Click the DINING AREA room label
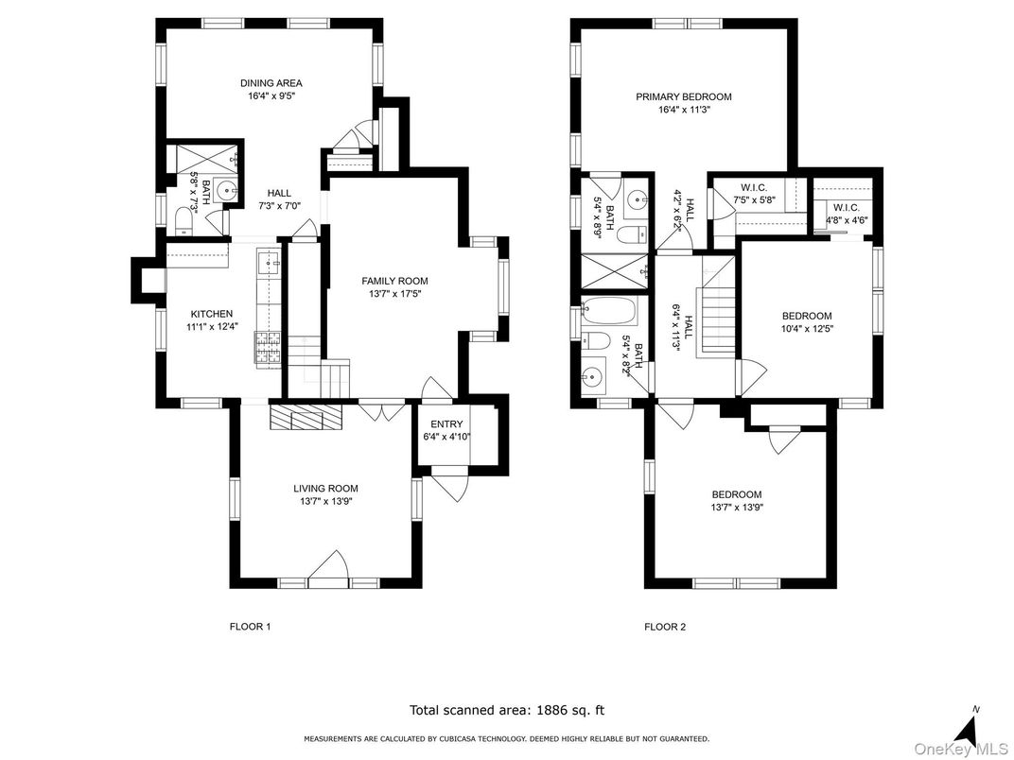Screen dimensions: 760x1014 (271, 83)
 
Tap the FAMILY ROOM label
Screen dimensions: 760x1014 (394, 281)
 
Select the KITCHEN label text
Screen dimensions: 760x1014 (211, 314)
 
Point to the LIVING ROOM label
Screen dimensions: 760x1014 (325, 489)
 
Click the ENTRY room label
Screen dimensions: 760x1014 (446, 424)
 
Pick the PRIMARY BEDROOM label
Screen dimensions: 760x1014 (683, 96)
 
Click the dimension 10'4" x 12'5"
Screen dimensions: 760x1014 (807, 328)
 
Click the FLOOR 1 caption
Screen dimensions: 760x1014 (251, 627)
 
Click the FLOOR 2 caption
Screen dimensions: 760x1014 (664, 627)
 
